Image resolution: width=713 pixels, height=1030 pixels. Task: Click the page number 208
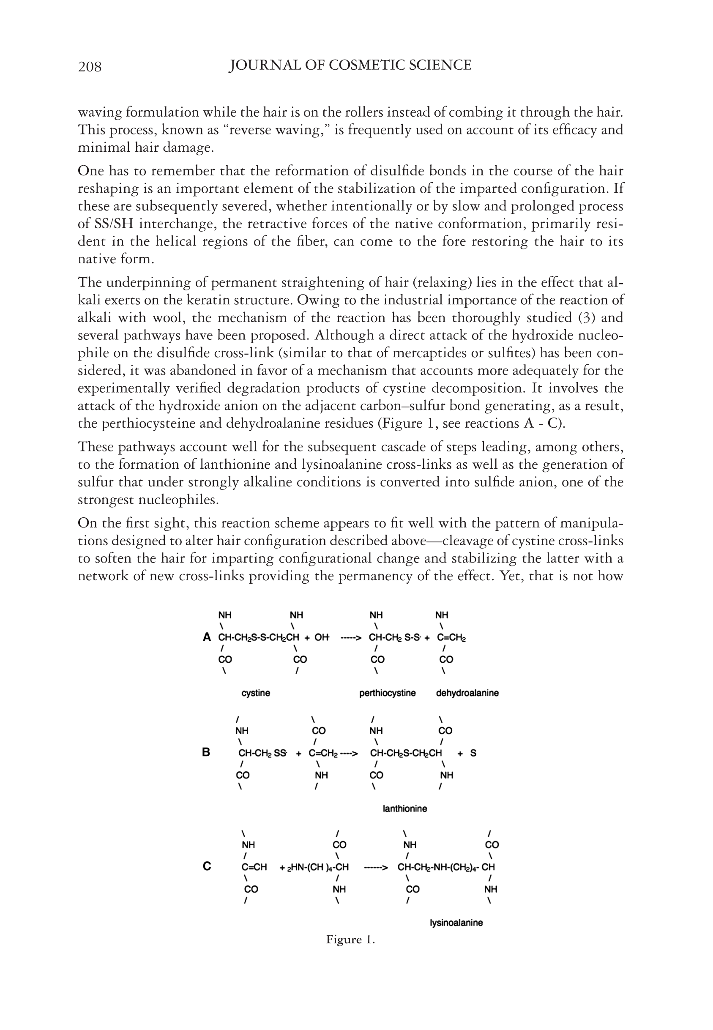(x=90, y=66)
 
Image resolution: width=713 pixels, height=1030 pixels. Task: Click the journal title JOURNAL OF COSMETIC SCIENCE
(x=350, y=65)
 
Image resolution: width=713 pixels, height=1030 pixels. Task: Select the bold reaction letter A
(x=206, y=637)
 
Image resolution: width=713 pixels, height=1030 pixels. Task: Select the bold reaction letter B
(x=206, y=753)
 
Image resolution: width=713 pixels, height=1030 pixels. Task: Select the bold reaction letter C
(x=206, y=867)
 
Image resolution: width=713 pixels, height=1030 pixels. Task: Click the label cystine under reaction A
(x=256, y=693)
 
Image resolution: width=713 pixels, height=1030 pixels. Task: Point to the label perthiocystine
(x=387, y=693)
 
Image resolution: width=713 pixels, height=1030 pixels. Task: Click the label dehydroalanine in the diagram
(x=467, y=693)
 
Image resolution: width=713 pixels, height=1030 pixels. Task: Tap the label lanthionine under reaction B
(x=405, y=809)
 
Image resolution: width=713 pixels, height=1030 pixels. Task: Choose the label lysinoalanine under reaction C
(x=456, y=923)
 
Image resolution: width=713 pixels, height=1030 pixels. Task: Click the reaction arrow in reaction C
(x=376, y=867)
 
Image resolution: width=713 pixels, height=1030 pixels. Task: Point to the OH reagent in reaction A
(x=322, y=637)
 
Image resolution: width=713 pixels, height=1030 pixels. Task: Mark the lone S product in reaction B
(x=473, y=753)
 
